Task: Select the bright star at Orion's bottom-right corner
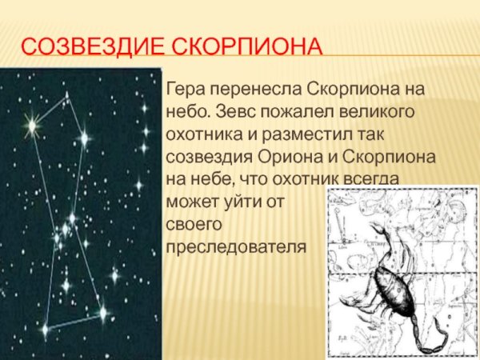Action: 102,312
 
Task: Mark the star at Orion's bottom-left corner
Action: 45,328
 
